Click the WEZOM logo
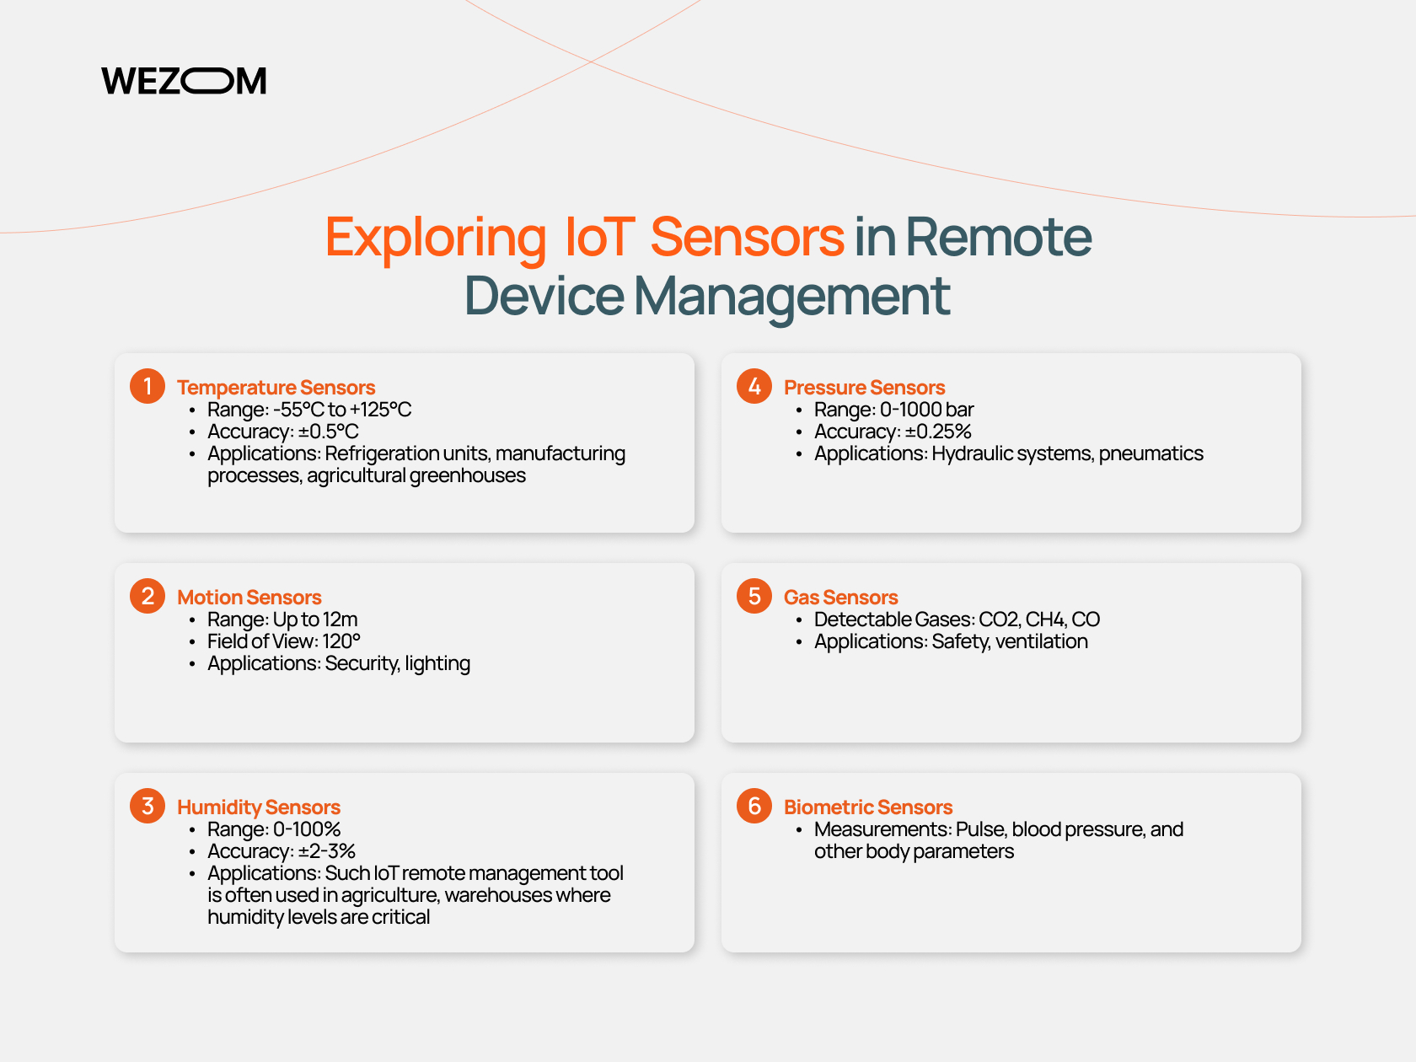tap(184, 81)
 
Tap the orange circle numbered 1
tap(147, 386)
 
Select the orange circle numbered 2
tap(147, 596)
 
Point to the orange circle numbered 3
tap(147, 806)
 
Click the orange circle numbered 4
tap(754, 386)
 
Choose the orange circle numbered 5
tap(754, 596)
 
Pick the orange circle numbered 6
tap(754, 806)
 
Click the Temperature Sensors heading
tap(276, 388)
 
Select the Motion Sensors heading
tap(249, 597)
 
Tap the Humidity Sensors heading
tap(259, 807)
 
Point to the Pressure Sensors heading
tap(865, 388)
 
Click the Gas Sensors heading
tap(840, 597)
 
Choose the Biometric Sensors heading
tap(867, 807)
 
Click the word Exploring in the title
tap(436, 239)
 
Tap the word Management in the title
tap(791, 298)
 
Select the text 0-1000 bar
tap(926, 410)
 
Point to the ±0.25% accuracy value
tap(938, 432)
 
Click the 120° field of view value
tap(341, 641)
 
